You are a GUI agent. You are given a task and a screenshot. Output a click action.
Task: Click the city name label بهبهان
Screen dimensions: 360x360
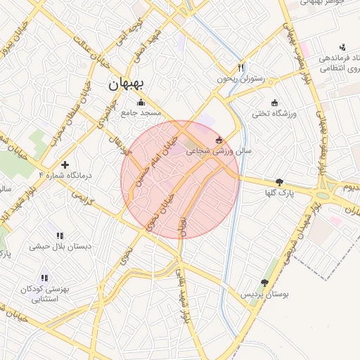(126, 84)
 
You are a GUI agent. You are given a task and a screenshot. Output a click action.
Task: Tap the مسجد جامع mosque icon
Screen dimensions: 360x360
(141, 102)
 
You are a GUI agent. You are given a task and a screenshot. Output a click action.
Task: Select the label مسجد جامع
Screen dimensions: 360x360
(141, 112)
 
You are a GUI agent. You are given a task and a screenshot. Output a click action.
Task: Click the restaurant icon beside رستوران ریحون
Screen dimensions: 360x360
(241, 68)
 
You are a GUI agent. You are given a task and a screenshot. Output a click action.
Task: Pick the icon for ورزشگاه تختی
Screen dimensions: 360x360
(274, 102)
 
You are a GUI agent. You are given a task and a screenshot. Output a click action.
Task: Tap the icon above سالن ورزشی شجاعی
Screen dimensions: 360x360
(219, 139)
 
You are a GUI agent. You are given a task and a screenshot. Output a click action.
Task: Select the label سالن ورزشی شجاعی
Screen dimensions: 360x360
(219, 150)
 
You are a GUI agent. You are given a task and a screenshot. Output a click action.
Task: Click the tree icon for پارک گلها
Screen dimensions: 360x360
(280, 181)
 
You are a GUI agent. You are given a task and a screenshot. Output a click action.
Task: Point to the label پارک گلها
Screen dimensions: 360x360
(280, 192)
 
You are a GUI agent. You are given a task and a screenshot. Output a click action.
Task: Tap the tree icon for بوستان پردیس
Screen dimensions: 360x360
(264, 283)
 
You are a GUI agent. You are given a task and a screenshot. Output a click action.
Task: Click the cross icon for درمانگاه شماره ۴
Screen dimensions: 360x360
(65, 164)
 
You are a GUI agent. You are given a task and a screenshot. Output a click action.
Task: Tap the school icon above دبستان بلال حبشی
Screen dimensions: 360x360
(60, 236)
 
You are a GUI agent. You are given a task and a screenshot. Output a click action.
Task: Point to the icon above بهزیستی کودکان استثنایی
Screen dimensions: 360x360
(45, 278)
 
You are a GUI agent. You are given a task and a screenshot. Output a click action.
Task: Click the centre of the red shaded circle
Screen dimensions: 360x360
(180, 179)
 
